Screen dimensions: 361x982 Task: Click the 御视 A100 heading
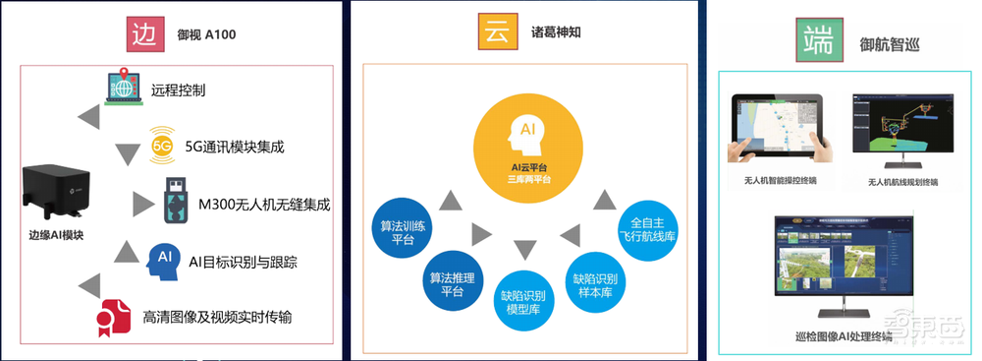(x=206, y=35)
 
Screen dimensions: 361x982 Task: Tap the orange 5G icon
(x=162, y=147)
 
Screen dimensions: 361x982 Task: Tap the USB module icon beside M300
(x=173, y=200)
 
